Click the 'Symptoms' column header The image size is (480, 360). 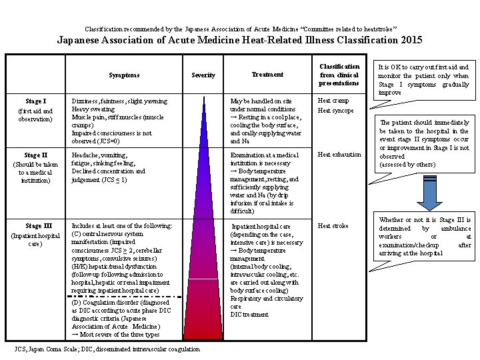click(125, 75)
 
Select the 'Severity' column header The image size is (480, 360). click(203, 75)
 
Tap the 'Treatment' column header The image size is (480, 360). click(267, 74)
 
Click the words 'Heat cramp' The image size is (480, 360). click(333, 101)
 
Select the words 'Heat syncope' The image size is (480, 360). click(335, 111)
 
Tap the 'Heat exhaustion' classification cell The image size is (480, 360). click(339, 155)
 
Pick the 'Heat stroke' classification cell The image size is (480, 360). click(333, 226)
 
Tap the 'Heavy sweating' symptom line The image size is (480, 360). click(94, 109)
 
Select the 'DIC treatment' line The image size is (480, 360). click(249, 315)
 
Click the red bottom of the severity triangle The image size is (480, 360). click(203, 331)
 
